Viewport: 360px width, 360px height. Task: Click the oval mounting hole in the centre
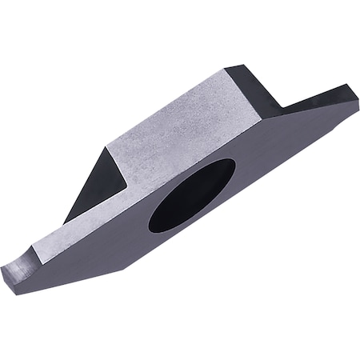(x=192, y=195)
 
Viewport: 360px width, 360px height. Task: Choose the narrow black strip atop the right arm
(x=320, y=98)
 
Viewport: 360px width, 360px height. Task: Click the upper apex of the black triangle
(x=107, y=147)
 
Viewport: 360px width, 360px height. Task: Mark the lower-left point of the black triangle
(x=65, y=222)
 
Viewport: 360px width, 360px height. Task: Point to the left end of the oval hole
(x=150, y=226)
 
